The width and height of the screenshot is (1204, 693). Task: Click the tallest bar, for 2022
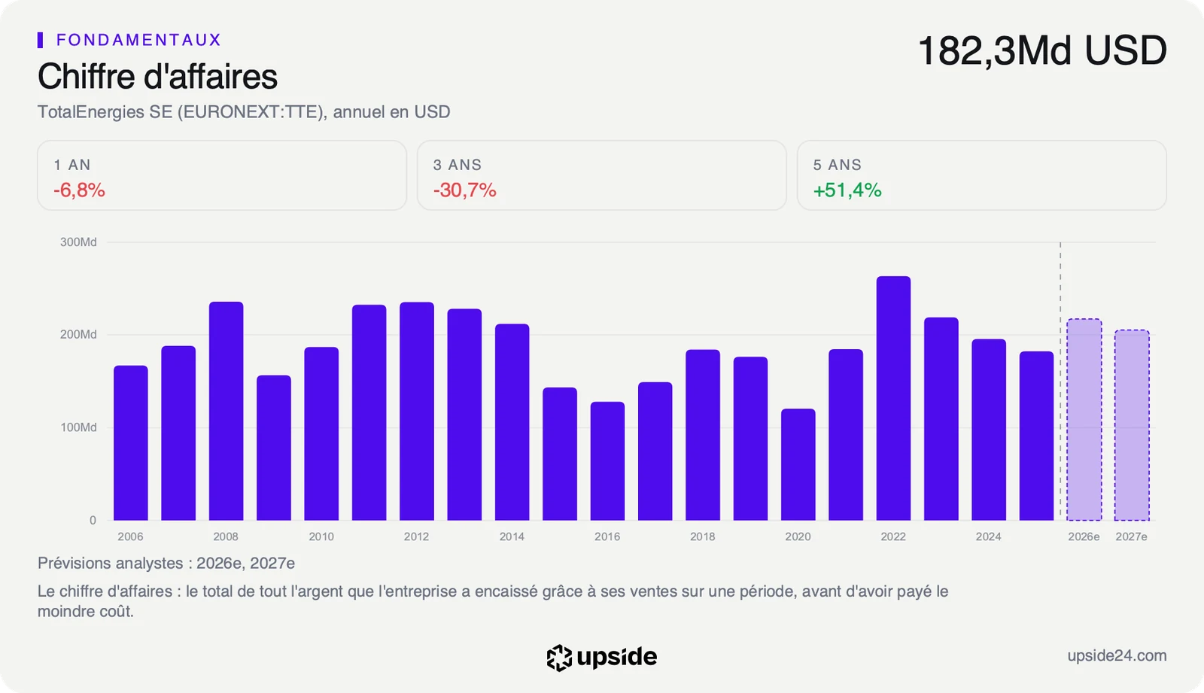(x=893, y=398)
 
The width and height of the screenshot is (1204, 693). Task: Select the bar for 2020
(x=798, y=464)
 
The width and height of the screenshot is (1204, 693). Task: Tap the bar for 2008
(x=226, y=411)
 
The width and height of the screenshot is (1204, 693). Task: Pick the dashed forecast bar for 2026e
(x=1084, y=419)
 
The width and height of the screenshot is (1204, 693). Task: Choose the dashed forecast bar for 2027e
(x=1132, y=424)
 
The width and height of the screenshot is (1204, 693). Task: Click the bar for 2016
(x=607, y=460)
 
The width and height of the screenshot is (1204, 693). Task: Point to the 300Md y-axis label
(x=78, y=242)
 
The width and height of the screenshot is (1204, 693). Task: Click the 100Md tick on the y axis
(x=78, y=427)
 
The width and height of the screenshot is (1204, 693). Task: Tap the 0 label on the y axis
(x=93, y=521)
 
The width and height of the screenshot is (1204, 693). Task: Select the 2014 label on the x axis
(x=512, y=536)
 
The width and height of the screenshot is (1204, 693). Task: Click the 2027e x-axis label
(x=1132, y=536)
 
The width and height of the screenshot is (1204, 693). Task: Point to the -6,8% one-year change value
(x=79, y=190)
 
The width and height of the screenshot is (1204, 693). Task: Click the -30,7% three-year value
(x=464, y=190)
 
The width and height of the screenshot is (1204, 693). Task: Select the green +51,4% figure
(x=847, y=190)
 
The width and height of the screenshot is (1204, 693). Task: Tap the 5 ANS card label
(x=837, y=165)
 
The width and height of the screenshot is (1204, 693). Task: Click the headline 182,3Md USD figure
(x=1042, y=51)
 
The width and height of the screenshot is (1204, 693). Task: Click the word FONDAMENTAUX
(x=138, y=40)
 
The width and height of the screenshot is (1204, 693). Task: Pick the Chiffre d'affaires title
(x=157, y=76)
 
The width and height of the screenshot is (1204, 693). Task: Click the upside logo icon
(x=559, y=658)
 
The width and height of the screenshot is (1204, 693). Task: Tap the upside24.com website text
(x=1117, y=656)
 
